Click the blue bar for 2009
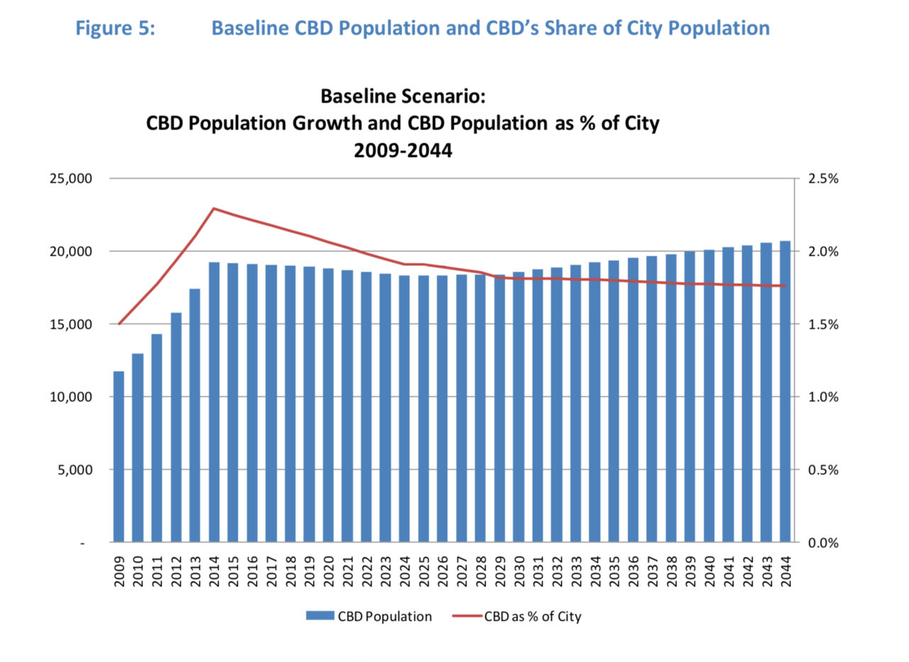tap(119, 457)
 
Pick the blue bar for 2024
tap(404, 408)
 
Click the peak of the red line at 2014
tap(214, 208)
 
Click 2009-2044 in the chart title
tap(403, 150)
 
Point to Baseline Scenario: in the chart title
tap(403, 95)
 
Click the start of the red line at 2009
tap(119, 324)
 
